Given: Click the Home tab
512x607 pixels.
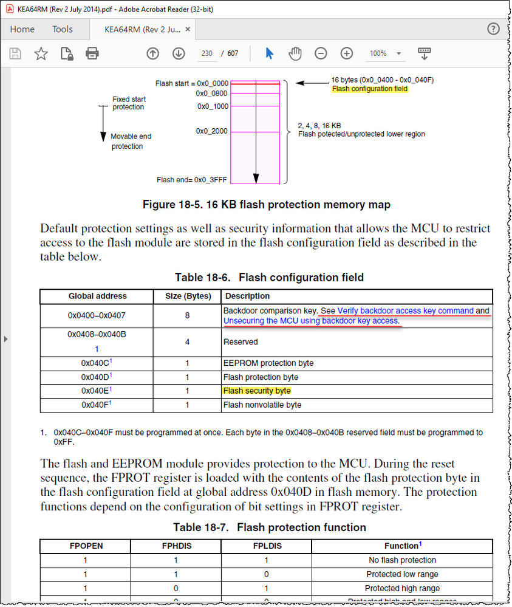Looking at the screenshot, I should point(22,29).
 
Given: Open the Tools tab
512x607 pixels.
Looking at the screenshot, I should point(62,29).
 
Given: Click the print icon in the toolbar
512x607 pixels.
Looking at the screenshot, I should point(92,53).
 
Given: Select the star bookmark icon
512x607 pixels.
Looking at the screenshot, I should point(41,53).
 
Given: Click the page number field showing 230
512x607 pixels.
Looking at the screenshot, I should point(207,53).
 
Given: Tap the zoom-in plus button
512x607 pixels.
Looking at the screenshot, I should point(347,53).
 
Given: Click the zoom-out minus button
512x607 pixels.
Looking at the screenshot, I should point(321,53).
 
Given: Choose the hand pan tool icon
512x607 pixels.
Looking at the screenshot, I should point(295,53).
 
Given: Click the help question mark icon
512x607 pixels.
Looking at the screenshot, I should point(494,29).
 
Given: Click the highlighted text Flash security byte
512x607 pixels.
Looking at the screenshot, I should point(257,391).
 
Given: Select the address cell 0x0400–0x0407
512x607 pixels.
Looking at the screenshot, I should point(97,316).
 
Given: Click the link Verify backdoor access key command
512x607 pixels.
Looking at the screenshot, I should point(405,310).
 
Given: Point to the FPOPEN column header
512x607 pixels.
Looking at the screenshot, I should point(86,546).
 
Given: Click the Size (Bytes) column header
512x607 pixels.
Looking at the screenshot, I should point(187,297).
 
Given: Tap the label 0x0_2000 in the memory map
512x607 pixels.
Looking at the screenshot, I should point(211,131).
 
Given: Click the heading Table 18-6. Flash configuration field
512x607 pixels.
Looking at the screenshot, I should point(269,278).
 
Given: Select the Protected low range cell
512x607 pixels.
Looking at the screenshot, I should point(402,574).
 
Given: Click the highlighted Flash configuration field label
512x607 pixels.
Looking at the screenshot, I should point(370,89).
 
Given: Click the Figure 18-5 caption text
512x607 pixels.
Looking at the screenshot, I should point(266,205).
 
